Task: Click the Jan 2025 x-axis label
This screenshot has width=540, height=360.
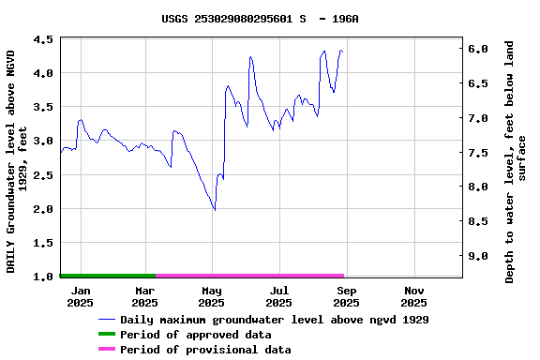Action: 80,296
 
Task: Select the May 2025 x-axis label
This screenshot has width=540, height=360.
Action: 211,296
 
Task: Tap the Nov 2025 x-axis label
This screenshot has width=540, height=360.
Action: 413,296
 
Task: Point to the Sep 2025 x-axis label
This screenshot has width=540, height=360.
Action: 346,296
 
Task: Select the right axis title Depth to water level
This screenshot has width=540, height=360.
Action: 516,161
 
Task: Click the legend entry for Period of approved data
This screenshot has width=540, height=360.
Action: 195,335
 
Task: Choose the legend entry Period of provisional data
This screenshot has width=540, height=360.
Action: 204,350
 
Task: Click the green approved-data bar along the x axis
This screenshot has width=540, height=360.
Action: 107,276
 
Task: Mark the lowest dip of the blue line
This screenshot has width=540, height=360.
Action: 215,210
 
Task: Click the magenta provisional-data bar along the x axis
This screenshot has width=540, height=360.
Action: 249,276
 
